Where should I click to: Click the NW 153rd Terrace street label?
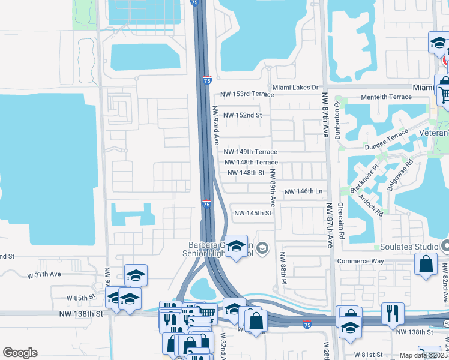[x=247, y=94]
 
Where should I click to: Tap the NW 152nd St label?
[x=243, y=115]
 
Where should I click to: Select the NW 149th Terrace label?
[x=251, y=152]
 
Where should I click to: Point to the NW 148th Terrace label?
[x=251, y=163]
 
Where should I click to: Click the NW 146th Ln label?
[x=303, y=191]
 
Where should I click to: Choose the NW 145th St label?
[x=253, y=213]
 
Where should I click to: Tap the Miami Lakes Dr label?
[x=295, y=88]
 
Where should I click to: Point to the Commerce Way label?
[x=360, y=261]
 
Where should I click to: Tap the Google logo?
[x=20, y=353]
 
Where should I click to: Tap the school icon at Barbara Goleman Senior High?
[x=236, y=246]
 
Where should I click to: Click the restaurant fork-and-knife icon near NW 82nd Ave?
[x=393, y=313]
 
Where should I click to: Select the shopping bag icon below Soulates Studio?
[x=426, y=264]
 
